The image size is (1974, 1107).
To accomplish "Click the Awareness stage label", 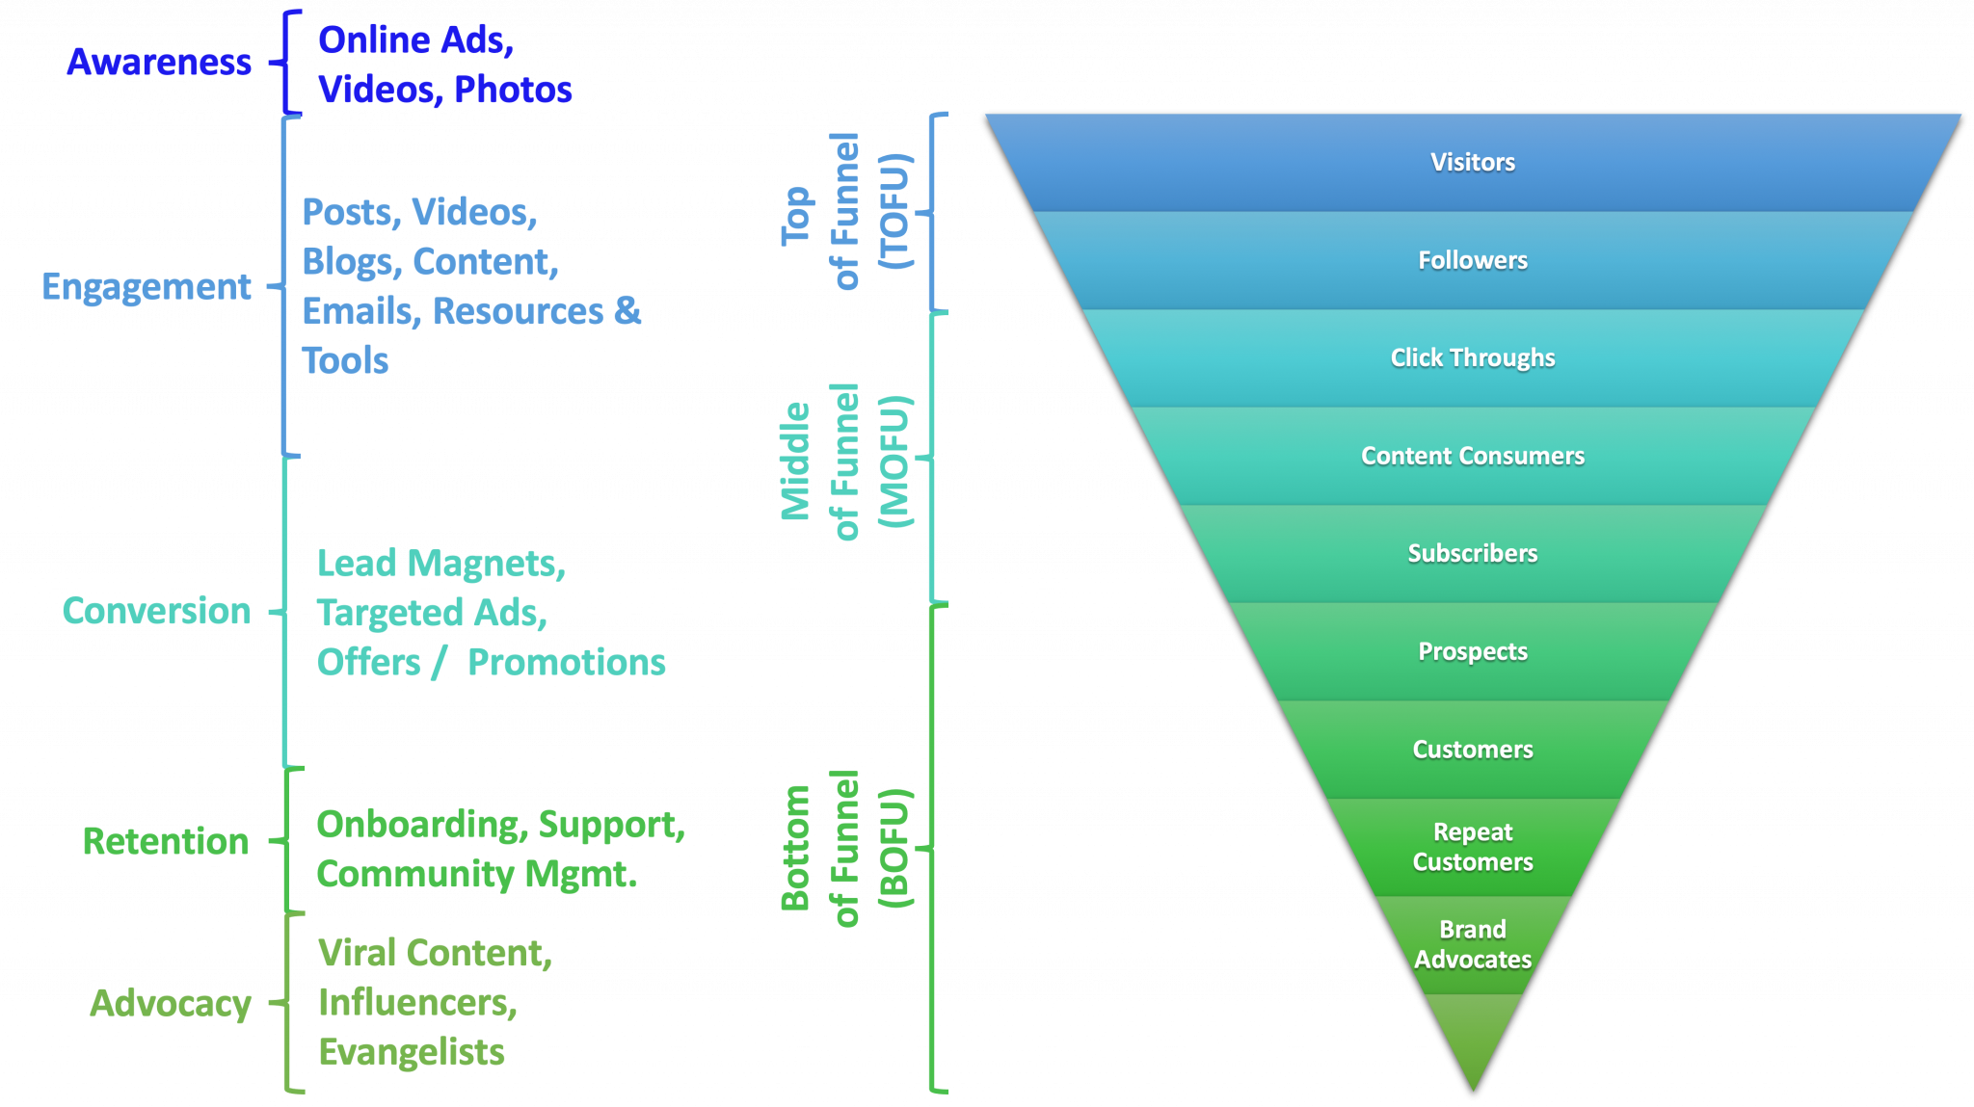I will click(x=159, y=63).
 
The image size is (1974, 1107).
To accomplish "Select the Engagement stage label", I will click(x=147, y=287).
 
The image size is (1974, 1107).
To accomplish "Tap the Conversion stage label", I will click(x=156, y=611).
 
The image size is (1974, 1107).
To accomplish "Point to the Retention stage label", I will click(x=166, y=841).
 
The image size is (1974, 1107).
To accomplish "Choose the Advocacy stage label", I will click(x=171, y=1003).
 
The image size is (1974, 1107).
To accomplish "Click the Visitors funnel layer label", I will click(x=1472, y=162).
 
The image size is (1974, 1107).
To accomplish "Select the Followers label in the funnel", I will click(x=1472, y=260).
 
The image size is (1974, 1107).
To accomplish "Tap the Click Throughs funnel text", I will click(x=1472, y=357).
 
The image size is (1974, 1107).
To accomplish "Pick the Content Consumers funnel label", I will click(x=1472, y=456).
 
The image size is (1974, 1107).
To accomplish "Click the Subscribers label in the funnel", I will click(x=1472, y=553).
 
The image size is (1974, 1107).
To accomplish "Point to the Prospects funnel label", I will click(x=1472, y=651).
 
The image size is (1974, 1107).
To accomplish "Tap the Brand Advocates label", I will click(x=1472, y=944).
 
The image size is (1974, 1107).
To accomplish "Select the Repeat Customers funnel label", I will click(x=1472, y=847).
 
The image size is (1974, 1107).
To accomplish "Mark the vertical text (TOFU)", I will click(x=894, y=211).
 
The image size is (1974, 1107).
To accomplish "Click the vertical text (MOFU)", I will click(x=894, y=461).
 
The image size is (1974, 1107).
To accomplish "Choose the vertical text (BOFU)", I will click(x=894, y=848).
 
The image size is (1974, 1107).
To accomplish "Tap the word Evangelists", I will click(x=412, y=1052).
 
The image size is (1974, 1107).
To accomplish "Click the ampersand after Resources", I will click(x=627, y=310).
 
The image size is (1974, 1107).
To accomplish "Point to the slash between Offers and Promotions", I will click(x=440, y=663).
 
